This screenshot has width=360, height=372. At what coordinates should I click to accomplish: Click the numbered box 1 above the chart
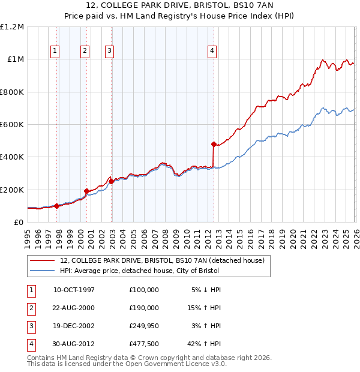(55, 51)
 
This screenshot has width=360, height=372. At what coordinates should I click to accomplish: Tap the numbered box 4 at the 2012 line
(212, 51)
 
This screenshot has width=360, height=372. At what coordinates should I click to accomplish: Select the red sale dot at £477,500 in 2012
(214, 144)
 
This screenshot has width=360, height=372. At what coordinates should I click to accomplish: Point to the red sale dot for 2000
(87, 191)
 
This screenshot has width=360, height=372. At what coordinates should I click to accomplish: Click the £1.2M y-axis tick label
(12, 27)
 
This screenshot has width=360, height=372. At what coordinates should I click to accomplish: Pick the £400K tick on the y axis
(11, 157)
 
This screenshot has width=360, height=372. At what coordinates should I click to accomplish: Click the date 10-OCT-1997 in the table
(74, 290)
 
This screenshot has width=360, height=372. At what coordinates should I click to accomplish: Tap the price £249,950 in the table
(143, 326)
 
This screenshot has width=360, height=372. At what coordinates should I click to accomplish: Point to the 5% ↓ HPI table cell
(206, 290)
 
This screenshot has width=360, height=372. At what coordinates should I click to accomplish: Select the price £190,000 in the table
(143, 308)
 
